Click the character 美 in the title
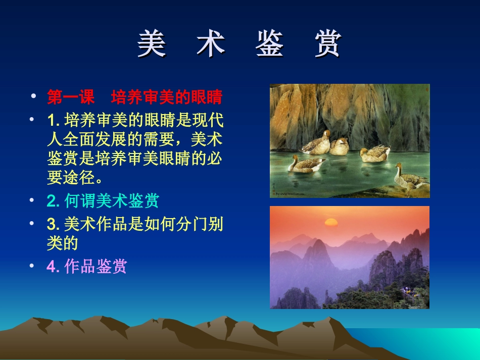tap(152, 44)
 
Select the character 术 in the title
tap(210, 44)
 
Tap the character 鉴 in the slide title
tap(269, 44)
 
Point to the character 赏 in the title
tap(327, 44)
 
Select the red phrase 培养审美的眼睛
tap(167, 96)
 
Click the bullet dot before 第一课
tap(33, 96)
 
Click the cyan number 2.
tap(54, 201)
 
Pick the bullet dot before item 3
tap(33, 223)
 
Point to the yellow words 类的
tap(63, 244)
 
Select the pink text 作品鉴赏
tap(95, 266)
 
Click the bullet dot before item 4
tap(33, 266)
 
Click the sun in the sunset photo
tap(331, 222)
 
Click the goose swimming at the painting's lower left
tap(306, 164)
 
